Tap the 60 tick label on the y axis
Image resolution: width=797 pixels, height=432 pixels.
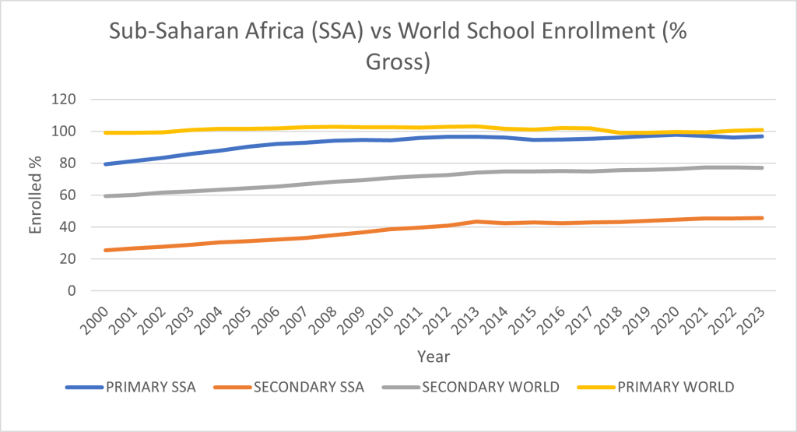click(68, 195)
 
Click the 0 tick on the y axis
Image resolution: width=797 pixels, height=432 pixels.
click(72, 291)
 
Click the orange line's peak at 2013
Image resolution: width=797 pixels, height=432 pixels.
click(478, 221)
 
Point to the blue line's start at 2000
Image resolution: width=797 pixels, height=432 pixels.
click(105, 164)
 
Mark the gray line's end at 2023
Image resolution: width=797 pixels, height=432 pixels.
click(762, 167)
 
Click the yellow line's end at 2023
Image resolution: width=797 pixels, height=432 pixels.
click(762, 130)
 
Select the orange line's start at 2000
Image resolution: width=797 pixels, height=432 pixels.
click(105, 250)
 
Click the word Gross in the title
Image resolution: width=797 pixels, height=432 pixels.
click(398, 61)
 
